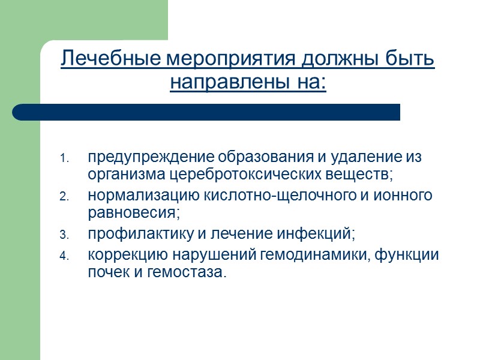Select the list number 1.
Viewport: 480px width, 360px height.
click(65, 159)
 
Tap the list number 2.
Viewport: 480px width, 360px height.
click(65, 196)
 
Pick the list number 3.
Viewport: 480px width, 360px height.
click(65, 234)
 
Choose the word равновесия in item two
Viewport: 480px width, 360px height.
click(133, 213)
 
